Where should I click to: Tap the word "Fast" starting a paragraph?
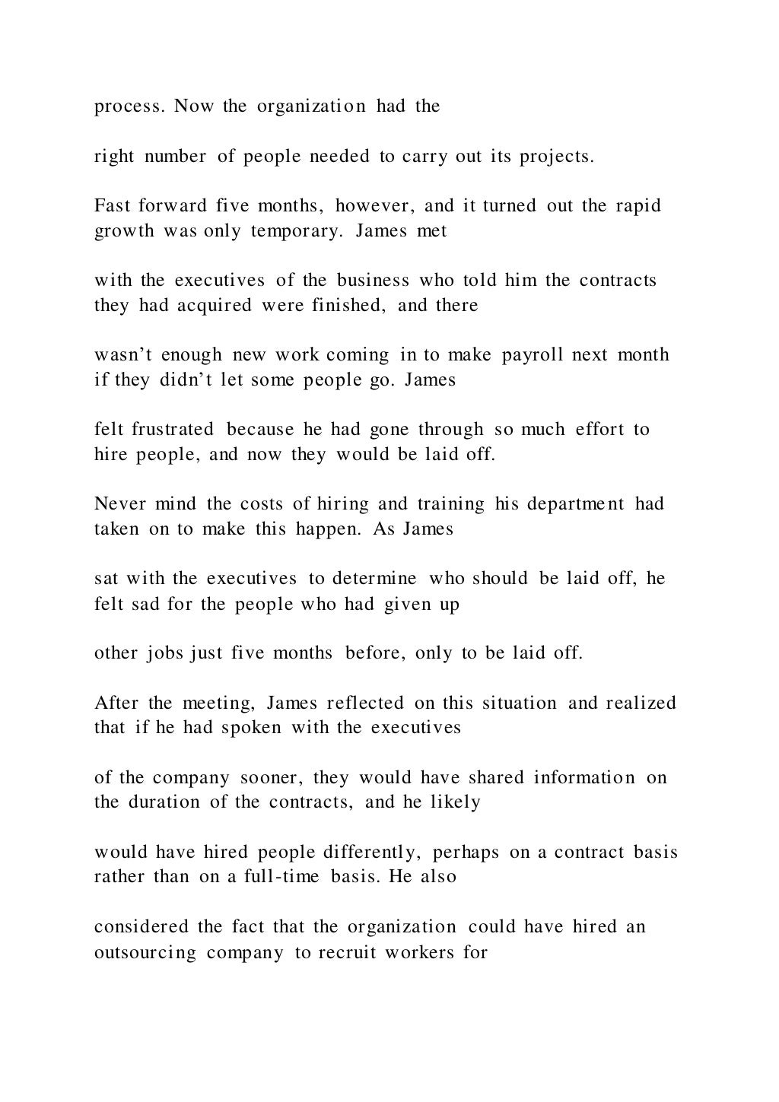pos(111,206)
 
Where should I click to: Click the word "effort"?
pos(598,430)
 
